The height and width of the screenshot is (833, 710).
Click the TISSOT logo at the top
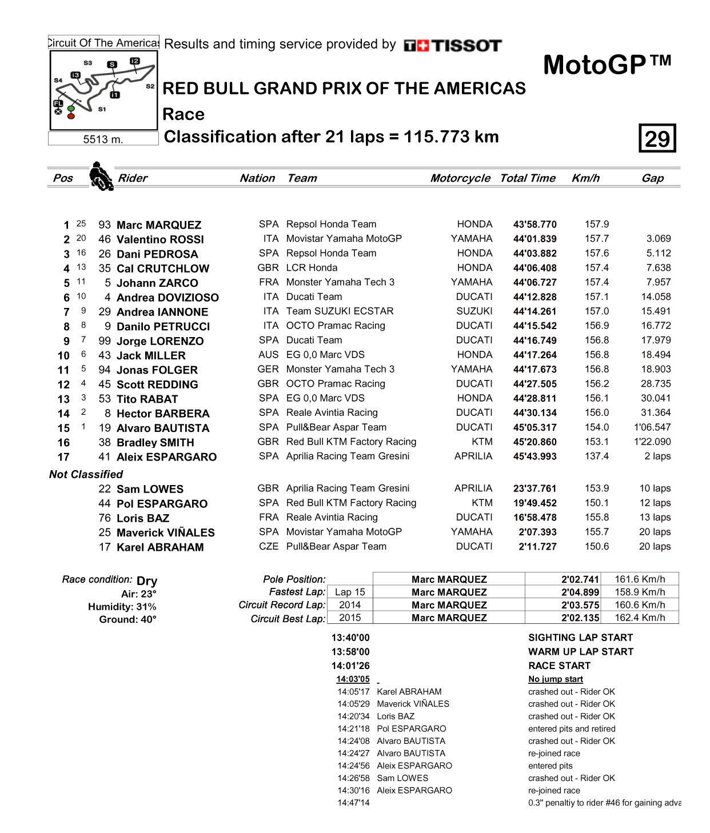coord(453,46)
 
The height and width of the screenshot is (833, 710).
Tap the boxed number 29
coord(657,138)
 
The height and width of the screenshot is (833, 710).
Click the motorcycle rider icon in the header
coord(101,176)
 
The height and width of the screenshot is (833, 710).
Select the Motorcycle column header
coord(460,178)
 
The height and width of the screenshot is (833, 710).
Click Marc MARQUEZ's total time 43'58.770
coord(535,225)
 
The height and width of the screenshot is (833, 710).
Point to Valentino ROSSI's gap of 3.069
coord(659,239)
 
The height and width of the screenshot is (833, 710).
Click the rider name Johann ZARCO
coord(157,283)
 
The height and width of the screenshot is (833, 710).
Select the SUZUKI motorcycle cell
coord(474,311)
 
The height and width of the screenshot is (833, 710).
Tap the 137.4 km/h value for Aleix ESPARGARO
coord(596,456)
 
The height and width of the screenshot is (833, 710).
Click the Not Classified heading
coord(86,474)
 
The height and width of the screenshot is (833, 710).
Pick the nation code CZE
coord(268,547)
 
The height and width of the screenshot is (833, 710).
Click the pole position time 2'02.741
coord(580,579)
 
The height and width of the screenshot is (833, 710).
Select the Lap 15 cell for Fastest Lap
coord(350,592)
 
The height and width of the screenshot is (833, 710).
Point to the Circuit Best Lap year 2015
coord(350,618)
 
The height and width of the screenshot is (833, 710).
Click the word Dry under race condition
coord(147,581)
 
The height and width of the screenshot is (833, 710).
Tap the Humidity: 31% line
coord(122,607)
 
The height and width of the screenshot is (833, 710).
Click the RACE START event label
coord(559,666)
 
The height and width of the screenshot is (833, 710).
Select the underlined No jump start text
coord(556,679)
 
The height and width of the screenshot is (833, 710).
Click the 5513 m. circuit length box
coord(103,139)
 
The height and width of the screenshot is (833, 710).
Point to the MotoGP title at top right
coord(607,65)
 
